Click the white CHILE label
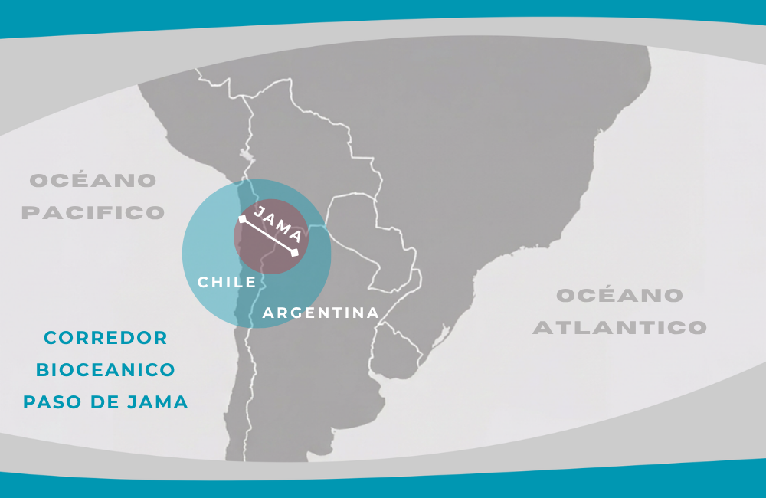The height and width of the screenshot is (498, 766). pos(227,282)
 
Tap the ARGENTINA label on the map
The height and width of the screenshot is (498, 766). pos(321,313)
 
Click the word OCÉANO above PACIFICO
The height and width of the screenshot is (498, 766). pos(93,181)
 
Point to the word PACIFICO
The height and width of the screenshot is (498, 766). pos(93,212)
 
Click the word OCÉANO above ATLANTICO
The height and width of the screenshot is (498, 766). pos(620,296)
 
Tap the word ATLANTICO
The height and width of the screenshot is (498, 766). pos(620,328)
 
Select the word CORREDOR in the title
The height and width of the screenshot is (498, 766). pos(106,338)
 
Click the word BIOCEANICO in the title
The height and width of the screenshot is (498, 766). pos(106,370)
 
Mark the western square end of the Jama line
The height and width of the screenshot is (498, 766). pos(242,219)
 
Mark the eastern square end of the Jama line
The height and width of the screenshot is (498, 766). pos(295,252)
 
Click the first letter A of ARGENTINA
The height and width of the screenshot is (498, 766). pos(268,313)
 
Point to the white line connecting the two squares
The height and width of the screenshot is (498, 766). pos(268,235)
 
